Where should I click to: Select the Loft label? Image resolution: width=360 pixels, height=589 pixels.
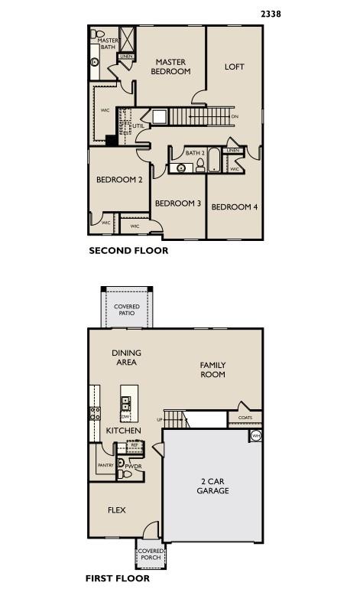234,67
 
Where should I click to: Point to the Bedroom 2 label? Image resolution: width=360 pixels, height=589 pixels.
119,180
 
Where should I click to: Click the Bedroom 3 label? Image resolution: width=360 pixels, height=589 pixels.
177,203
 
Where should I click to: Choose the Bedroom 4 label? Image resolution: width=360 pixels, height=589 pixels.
234,207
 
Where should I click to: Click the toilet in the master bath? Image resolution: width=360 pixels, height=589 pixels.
98,34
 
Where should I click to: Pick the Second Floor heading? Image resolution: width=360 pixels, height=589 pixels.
128,250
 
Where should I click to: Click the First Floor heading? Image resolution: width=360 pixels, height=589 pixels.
117,578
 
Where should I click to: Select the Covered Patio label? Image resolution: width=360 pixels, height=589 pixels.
127,310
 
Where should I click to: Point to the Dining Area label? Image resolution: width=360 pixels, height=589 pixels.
126,357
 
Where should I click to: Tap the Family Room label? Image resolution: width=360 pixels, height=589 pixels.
212,369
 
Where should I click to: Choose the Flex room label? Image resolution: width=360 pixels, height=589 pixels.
116,510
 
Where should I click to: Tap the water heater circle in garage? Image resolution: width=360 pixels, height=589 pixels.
256,435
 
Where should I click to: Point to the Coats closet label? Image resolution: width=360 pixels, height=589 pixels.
245,418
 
